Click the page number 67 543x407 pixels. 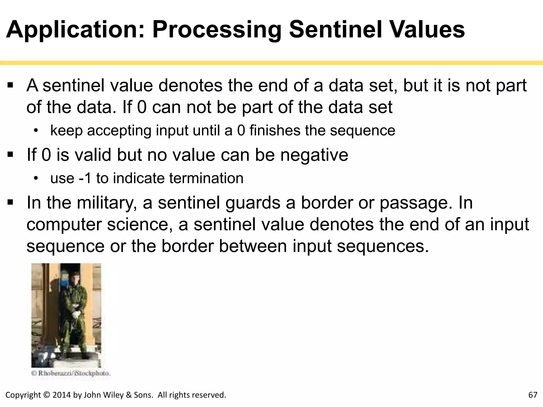point(533,395)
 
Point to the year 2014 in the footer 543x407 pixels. point(62,395)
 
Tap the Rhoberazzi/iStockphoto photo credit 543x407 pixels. point(71,373)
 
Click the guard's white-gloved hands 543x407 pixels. point(76,314)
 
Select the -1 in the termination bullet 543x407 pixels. point(85,178)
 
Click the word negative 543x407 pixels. point(314,155)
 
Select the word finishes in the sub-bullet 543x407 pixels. point(275,130)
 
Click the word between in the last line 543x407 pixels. point(253,246)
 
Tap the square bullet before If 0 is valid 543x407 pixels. point(10,154)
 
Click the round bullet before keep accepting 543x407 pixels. point(36,130)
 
